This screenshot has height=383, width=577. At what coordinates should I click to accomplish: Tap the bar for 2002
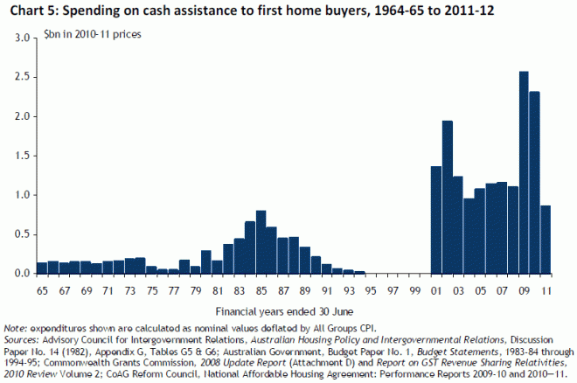pos(447,197)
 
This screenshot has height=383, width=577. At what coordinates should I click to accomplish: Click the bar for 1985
pos(261,242)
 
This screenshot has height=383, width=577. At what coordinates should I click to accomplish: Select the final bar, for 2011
pos(546,240)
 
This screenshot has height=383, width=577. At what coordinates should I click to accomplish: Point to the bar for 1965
pos(41,268)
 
